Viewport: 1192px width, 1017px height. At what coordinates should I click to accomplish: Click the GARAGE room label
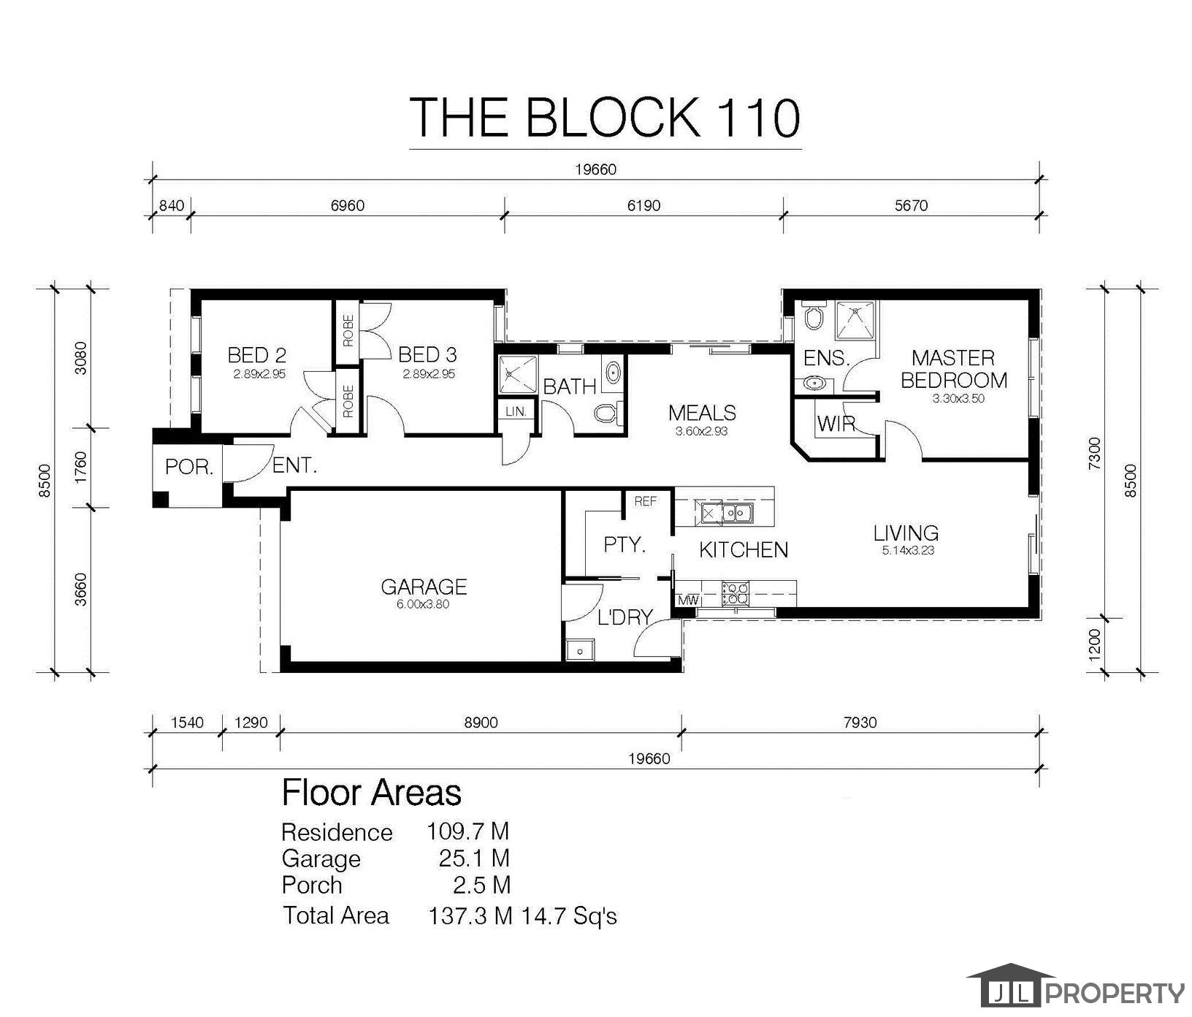pyautogui.click(x=424, y=587)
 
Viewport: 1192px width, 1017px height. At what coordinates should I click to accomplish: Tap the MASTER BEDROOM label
pyautogui.click(x=953, y=369)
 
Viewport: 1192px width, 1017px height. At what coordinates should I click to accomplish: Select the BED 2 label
pyautogui.click(x=256, y=356)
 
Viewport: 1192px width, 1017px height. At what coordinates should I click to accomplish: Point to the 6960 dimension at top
pyautogui.click(x=347, y=206)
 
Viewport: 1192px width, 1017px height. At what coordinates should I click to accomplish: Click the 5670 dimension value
pyautogui.click(x=911, y=206)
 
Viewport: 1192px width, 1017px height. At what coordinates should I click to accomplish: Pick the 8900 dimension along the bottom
pyautogui.click(x=481, y=723)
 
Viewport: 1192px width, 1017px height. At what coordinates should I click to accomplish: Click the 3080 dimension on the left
pyautogui.click(x=81, y=358)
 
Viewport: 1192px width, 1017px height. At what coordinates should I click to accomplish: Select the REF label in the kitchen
pyautogui.click(x=646, y=501)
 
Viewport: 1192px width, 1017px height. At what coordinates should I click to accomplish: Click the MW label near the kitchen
pyautogui.click(x=688, y=601)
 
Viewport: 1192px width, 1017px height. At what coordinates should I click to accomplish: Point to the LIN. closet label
pyautogui.click(x=516, y=412)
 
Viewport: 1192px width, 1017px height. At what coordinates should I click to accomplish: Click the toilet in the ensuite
pyautogui.click(x=812, y=316)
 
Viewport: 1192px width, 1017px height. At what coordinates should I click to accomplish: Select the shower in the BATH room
pyautogui.click(x=518, y=375)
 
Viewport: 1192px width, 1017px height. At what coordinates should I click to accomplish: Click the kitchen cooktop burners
pyautogui.click(x=735, y=593)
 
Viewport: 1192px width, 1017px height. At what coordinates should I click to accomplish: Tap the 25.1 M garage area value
pyautogui.click(x=474, y=858)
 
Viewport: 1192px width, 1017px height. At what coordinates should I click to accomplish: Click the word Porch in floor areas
pyautogui.click(x=312, y=885)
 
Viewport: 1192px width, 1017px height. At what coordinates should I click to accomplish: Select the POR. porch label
pyautogui.click(x=189, y=467)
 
